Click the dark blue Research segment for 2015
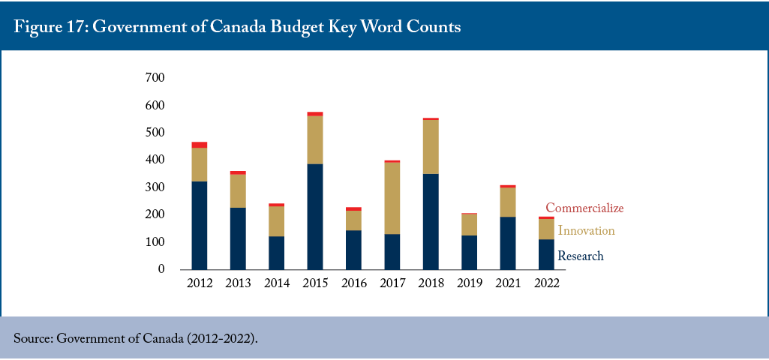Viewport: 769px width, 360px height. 315,217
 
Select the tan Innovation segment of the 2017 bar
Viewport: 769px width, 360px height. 392,198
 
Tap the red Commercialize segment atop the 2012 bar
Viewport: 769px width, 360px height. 199,145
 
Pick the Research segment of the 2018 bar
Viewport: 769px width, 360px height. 431,222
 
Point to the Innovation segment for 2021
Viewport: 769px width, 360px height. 508,202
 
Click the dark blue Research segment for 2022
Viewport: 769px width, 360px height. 546,254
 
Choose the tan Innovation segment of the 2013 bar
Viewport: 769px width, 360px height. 238,190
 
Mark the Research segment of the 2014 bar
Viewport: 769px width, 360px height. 276,253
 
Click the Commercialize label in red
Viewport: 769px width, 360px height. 584,208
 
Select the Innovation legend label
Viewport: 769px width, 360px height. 586,230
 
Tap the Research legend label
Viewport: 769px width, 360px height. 581,256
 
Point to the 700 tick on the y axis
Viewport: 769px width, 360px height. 155,77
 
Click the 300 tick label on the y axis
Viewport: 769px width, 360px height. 155,187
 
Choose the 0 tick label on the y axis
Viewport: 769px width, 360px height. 161,269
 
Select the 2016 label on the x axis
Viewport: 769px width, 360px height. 353,284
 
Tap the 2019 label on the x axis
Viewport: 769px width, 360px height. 469,284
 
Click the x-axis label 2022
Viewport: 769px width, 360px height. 546,284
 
